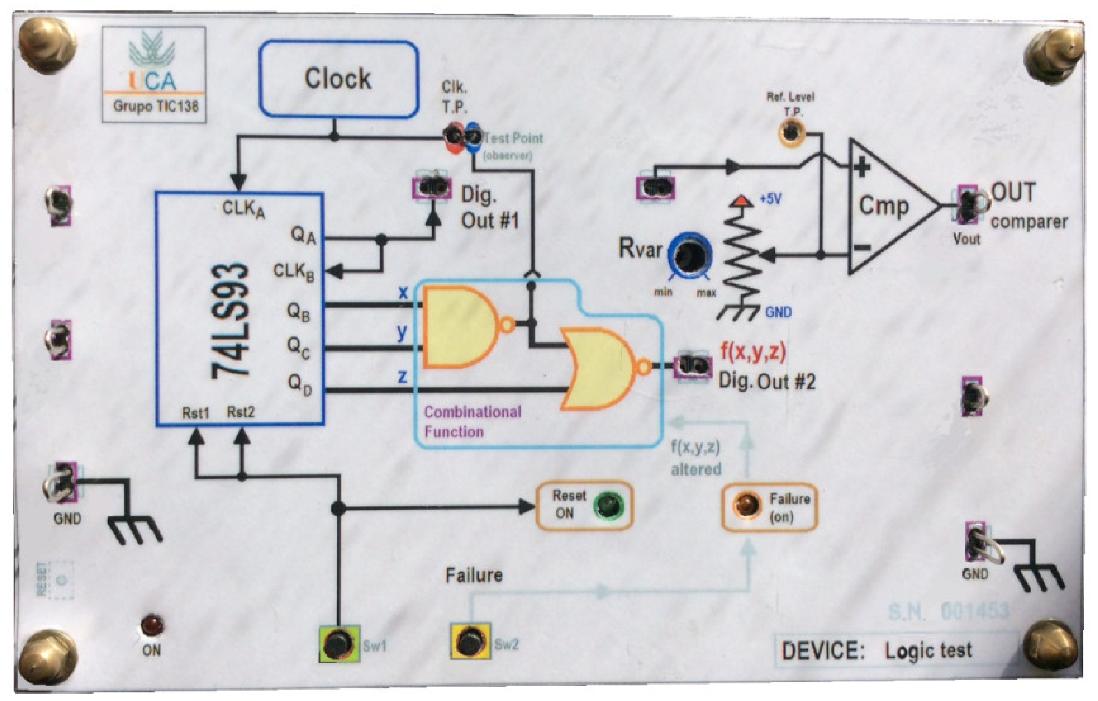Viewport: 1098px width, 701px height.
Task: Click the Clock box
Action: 339,78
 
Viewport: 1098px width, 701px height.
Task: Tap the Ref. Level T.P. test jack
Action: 791,132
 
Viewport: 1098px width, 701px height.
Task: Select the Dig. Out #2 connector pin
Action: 692,366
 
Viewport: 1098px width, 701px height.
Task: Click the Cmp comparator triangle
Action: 885,206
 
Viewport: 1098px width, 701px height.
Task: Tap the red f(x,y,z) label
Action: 753,351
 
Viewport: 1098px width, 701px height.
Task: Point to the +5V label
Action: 770,199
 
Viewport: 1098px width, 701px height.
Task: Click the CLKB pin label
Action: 293,272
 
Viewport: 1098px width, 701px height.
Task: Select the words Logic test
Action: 928,650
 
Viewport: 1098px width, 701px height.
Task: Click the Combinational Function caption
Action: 471,422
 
